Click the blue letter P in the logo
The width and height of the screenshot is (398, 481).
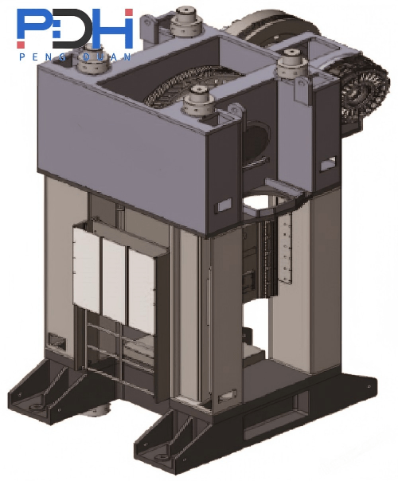point(33,25)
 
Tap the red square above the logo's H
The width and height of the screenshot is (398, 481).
point(129,13)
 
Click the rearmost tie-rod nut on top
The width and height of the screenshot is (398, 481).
point(186,21)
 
